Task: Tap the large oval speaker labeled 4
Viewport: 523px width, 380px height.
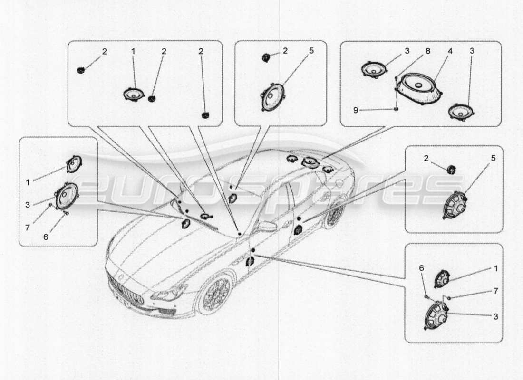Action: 420,87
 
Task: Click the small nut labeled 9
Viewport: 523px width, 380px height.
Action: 396,109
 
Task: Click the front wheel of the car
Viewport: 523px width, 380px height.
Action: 215,294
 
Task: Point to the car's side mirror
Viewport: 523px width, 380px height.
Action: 267,227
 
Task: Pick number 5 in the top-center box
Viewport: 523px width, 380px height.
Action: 312,51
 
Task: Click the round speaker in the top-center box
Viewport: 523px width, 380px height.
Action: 272,97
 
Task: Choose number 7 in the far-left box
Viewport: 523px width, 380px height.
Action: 28,228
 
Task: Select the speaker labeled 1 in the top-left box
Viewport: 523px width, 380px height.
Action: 134,95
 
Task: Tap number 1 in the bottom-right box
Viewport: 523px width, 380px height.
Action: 495,268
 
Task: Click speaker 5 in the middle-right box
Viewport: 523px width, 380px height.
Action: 455,205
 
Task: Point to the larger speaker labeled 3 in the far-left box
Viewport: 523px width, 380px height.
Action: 67,196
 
